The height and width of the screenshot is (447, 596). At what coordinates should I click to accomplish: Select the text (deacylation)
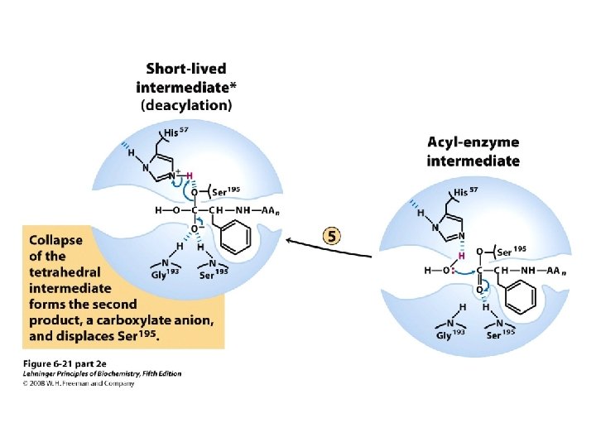point(187,105)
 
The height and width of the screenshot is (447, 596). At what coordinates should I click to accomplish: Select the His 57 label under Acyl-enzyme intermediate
point(465,192)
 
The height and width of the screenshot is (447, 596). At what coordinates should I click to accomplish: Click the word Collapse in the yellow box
point(56,241)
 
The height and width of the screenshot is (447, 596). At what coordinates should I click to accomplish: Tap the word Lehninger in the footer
point(42,374)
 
